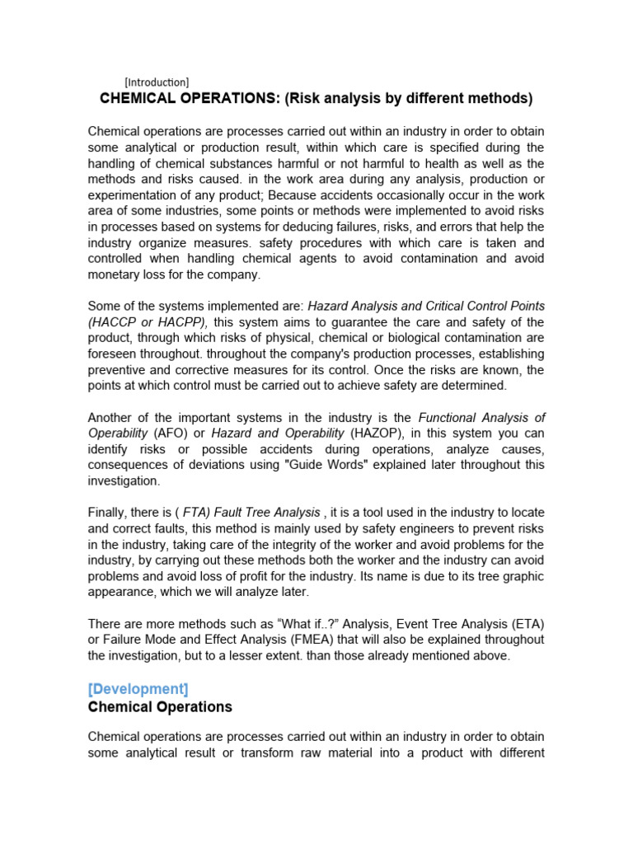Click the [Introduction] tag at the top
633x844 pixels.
tap(157, 82)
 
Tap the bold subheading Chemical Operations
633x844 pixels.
tap(160, 707)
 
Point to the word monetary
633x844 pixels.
tap(115, 274)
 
